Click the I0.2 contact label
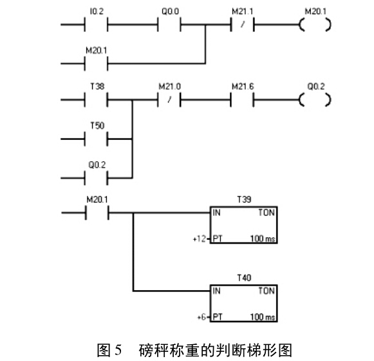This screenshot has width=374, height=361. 97,11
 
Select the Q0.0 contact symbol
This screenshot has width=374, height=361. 169,24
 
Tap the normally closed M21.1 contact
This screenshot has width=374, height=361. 242,24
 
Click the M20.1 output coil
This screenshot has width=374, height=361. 315,24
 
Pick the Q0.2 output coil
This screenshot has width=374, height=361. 315,100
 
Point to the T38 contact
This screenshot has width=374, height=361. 96,100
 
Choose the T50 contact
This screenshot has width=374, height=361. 96,139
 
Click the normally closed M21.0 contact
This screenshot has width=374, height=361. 169,100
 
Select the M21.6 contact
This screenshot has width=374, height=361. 242,100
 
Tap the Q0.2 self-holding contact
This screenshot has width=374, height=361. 96,178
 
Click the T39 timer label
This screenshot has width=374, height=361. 244,199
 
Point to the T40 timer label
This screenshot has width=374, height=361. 244,278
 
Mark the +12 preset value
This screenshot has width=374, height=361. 199,239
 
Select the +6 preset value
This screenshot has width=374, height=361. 201,317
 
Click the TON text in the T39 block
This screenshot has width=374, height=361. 266,212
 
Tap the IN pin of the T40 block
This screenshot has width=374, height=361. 216,291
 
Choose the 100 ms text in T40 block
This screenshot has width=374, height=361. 263,317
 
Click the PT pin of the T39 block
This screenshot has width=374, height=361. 218,239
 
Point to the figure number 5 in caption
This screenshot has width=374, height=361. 118,350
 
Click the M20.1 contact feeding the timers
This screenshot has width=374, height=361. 97,213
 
